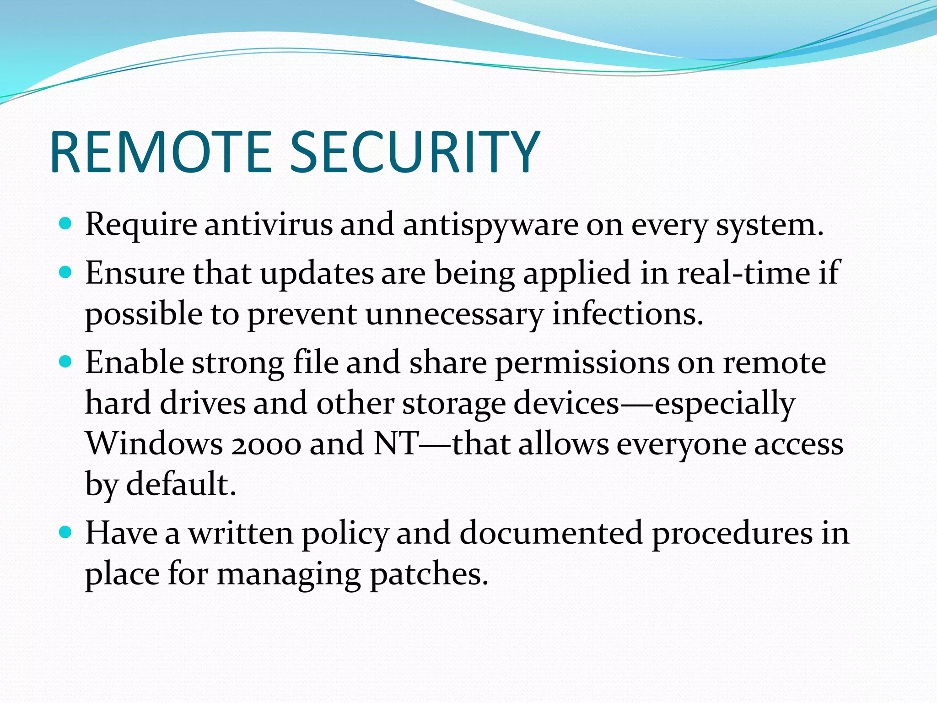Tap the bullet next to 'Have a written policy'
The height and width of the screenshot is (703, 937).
[66, 532]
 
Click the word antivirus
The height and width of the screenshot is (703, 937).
[269, 225]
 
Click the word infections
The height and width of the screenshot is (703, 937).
[627, 314]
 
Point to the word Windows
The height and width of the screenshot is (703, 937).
[154, 444]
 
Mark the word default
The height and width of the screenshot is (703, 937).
[181, 484]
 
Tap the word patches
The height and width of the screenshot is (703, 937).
[429, 574]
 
